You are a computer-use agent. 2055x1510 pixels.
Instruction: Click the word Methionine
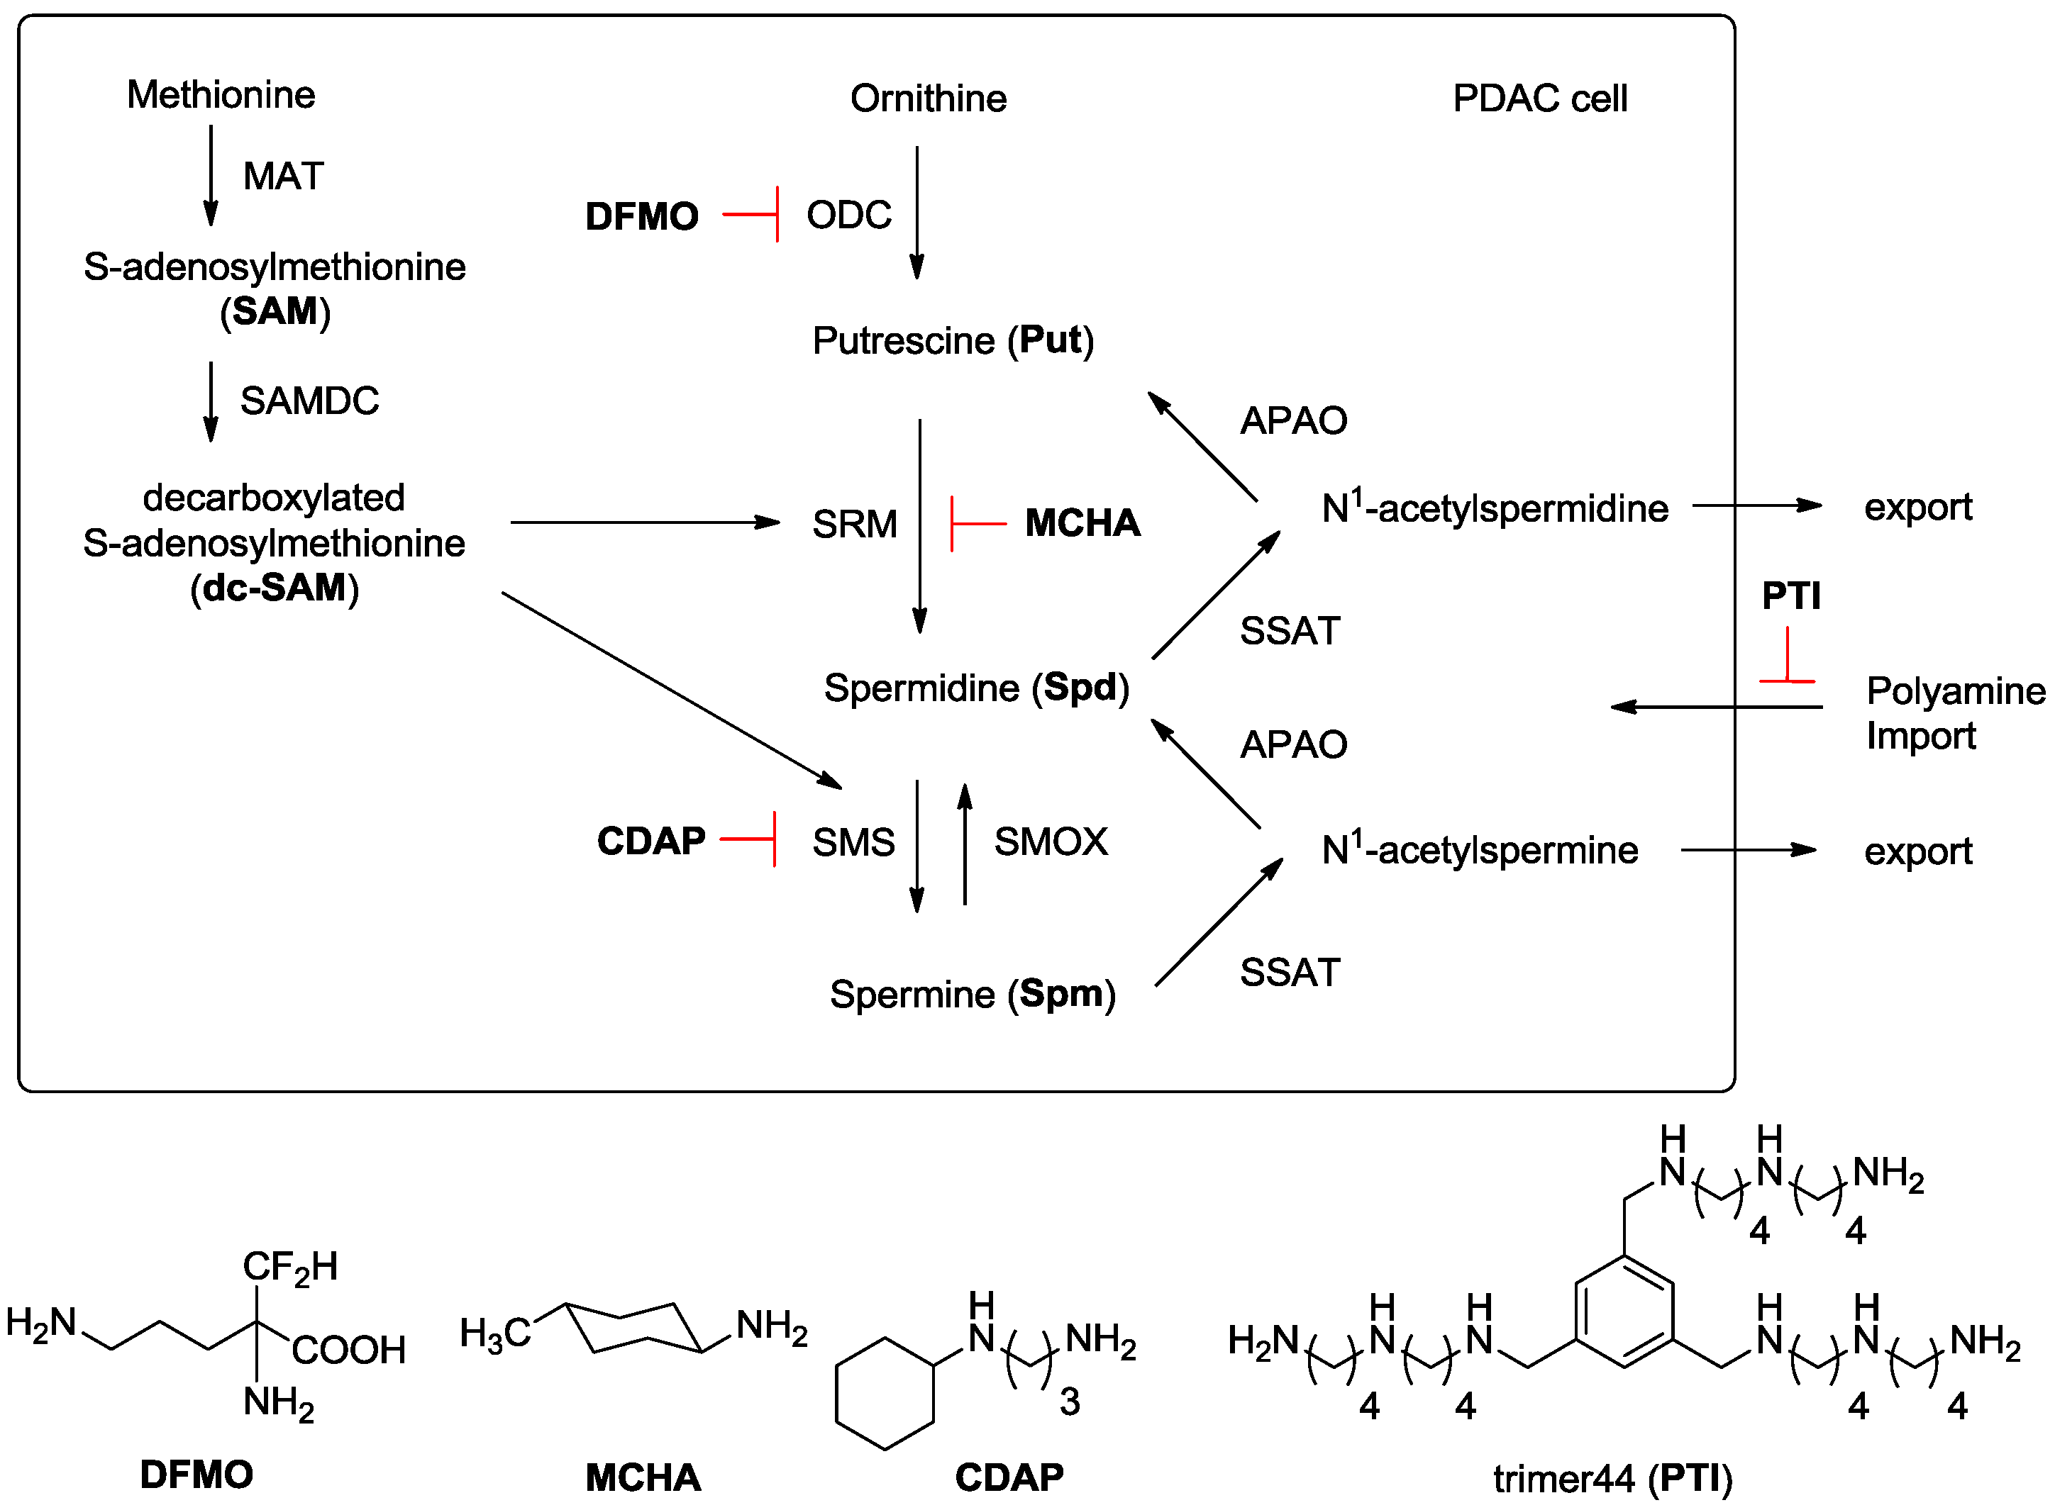221,95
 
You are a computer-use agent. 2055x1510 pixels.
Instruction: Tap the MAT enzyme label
282,177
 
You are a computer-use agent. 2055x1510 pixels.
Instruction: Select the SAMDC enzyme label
309,401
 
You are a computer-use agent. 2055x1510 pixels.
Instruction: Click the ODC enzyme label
848,216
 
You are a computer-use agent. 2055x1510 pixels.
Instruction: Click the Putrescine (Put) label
952,341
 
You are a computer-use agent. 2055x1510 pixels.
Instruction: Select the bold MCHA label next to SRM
1082,524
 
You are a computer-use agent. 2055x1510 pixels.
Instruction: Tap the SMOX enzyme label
1050,841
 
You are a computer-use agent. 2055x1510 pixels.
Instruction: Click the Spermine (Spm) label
971,995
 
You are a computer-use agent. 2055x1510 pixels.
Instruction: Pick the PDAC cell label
1539,99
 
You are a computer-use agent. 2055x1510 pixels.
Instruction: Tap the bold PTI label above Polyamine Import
1790,597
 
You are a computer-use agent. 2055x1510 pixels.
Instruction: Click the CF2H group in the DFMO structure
290,1268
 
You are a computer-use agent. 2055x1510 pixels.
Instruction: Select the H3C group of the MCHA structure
494,1333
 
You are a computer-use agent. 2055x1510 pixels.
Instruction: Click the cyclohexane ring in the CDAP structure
885,1394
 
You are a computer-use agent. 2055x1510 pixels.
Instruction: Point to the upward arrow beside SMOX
964,843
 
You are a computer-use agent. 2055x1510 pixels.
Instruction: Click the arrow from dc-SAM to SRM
644,523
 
